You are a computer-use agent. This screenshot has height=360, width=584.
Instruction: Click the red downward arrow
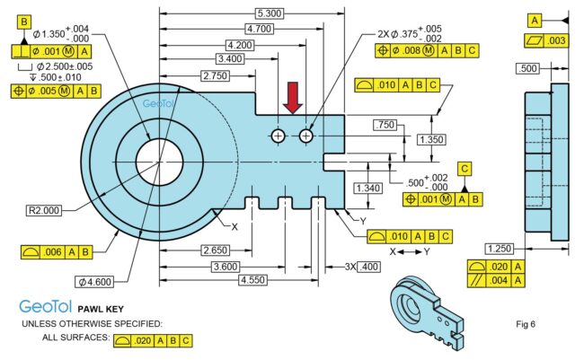pyautogui.click(x=293, y=98)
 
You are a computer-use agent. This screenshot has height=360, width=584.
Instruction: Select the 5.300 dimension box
pyautogui.click(x=270, y=13)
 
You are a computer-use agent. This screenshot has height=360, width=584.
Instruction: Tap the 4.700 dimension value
pyautogui.click(x=260, y=29)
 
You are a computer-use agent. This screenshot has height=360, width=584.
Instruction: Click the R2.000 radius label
pyautogui.click(x=44, y=210)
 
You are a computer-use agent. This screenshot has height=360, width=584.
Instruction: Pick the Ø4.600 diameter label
pyautogui.click(x=94, y=282)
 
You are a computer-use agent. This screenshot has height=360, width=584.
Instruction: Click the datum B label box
pyautogui.click(x=24, y=22)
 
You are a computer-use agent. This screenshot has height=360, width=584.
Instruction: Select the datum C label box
pyautogui.click(x=465, y=169)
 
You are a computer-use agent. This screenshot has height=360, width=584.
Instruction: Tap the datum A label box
pyautogui.click(x=535, y=20)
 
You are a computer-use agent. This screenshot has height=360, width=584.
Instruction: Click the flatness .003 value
pyautogui.click(x=556, y=40)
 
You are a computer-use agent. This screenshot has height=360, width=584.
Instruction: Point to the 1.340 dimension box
pyautogui.click(x=368, y=188)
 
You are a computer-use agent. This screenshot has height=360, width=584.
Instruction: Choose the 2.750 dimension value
pyautogui.click(x=215, y=75)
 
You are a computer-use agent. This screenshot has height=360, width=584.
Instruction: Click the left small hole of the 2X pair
pyautogui.click(x=278, y=136)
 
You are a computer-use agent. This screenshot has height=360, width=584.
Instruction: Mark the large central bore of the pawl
pyautogui.click(x=159, y=162)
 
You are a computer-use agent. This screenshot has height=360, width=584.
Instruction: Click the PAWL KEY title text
pyautogui.click(x=101, y=309)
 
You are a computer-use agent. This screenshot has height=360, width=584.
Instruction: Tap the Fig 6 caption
pyautogui.click(x=526, y=324)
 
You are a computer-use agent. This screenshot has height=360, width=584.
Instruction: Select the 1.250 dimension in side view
pyautogui.click(x=500, y=249)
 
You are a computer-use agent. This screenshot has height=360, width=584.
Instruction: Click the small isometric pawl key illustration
pyautogui.click(x=427, y=313)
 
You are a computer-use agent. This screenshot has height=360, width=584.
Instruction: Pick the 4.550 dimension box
pyautogui.click(x=252, y=280)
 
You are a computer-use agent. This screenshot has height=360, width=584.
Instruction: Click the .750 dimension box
pyautogui.click(x=385, y=125)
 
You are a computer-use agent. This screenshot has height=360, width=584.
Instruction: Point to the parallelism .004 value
pyautogui.click(x=499, y=280)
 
